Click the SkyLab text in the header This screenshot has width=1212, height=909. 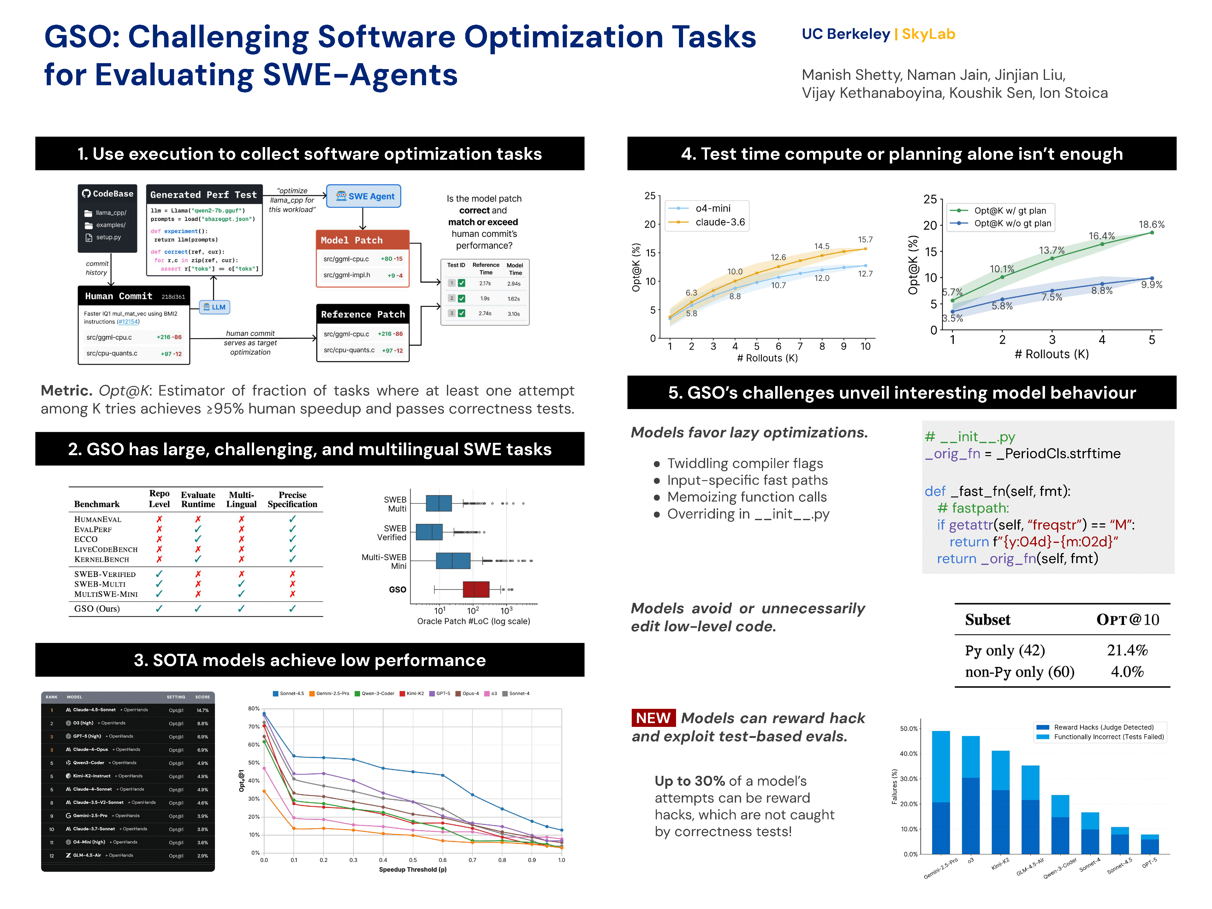(x=928, y=34)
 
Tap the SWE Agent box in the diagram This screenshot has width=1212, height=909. (x=364, y=196)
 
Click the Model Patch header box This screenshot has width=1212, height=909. (x=362, y=240)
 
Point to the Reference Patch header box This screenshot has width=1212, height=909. (x=363, y=314)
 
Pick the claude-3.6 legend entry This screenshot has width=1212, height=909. (x=719, y=222)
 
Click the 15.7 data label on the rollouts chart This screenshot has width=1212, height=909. (x=865, y=240)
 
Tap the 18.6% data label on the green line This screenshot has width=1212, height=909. (x=1151, y=225)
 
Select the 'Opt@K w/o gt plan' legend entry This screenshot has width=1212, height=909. (x=1012, y=223)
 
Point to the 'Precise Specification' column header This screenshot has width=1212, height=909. (x=292, y=499)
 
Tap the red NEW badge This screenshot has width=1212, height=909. (x=653, y=718)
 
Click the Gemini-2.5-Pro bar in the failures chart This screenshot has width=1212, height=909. (x=941, y=792)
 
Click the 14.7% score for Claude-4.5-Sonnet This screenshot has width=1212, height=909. (x=203, y=710)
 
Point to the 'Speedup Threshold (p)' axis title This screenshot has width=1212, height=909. (x=413, y=870)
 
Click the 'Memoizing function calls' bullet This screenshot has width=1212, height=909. (x=746, y=497)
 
